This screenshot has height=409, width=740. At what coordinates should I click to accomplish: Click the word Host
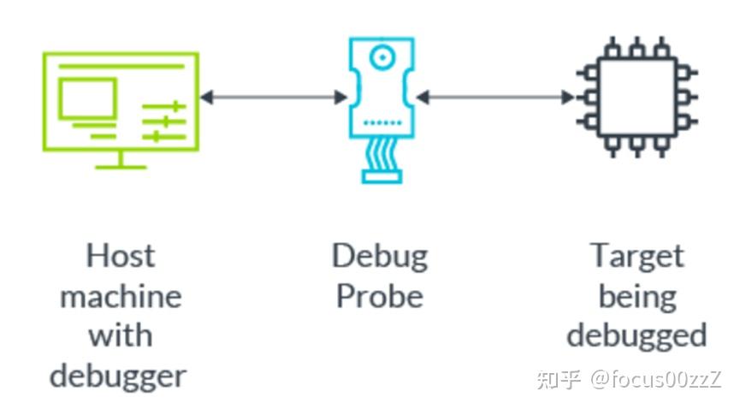point(121,256)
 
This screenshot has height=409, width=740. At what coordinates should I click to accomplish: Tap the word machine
point(121,296)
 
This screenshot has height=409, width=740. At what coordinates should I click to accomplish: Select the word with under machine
point(121,335)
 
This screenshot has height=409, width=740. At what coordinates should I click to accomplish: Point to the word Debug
point(380,256)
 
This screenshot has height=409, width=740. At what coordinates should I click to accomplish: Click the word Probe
point(380,296)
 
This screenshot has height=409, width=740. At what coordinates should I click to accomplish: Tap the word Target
point(637,256)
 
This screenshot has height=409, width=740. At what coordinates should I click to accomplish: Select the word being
point(637,296)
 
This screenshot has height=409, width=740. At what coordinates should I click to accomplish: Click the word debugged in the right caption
point(637,335)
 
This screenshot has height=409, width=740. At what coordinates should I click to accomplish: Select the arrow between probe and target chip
point(494,98)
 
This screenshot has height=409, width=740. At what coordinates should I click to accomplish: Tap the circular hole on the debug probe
point(382,58)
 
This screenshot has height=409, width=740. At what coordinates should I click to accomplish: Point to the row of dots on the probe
point(382,123)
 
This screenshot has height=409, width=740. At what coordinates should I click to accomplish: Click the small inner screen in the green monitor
point(87,98)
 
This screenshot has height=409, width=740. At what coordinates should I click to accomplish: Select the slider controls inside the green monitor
point(163,121)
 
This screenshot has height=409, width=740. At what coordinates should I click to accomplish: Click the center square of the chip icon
point(636,97)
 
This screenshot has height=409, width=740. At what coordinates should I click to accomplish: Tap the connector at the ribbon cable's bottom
point(382,176)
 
